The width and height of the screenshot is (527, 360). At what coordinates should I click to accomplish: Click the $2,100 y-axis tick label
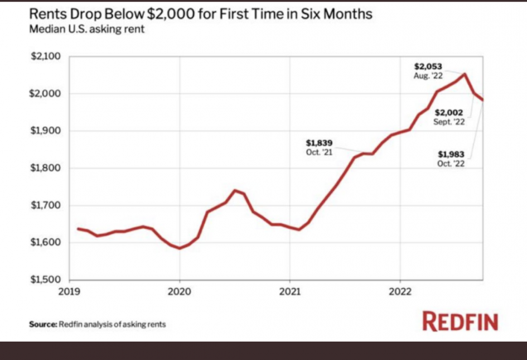pos(45,57)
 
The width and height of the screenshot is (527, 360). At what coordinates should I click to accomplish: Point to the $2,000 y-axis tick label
pos(45,94)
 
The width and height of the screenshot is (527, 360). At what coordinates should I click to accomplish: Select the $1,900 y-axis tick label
pos(45,131)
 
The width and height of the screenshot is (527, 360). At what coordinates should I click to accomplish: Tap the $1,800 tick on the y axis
pos(45,169)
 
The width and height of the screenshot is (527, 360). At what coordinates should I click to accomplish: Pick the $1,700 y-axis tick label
pos(45,205)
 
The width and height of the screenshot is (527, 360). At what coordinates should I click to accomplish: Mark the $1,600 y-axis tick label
pos(45,243)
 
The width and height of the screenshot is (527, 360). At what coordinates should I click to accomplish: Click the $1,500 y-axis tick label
pos(45,280)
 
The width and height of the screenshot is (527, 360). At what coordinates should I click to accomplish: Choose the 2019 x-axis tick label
pos(69,291)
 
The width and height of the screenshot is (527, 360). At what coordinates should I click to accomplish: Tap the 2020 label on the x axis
pos(180,291)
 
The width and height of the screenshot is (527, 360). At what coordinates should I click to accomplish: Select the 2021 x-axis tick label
pos(290,291)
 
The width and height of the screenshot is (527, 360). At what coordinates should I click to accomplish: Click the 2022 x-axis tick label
pos(400,291)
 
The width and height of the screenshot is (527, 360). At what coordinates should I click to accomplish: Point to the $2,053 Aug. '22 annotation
pos(428,71)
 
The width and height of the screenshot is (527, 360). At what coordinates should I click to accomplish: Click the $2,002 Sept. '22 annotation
pos(449,117)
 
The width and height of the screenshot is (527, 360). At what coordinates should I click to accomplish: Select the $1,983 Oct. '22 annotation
pos(451,159)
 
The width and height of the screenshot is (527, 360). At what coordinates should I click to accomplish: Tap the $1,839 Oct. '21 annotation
pos(319,147)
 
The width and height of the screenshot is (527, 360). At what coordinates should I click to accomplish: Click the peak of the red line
pos(465,74)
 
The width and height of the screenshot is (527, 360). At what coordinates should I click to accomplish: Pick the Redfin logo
pos(460,321)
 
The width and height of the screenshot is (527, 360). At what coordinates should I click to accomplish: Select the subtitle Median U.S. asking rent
pos(86,28)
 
